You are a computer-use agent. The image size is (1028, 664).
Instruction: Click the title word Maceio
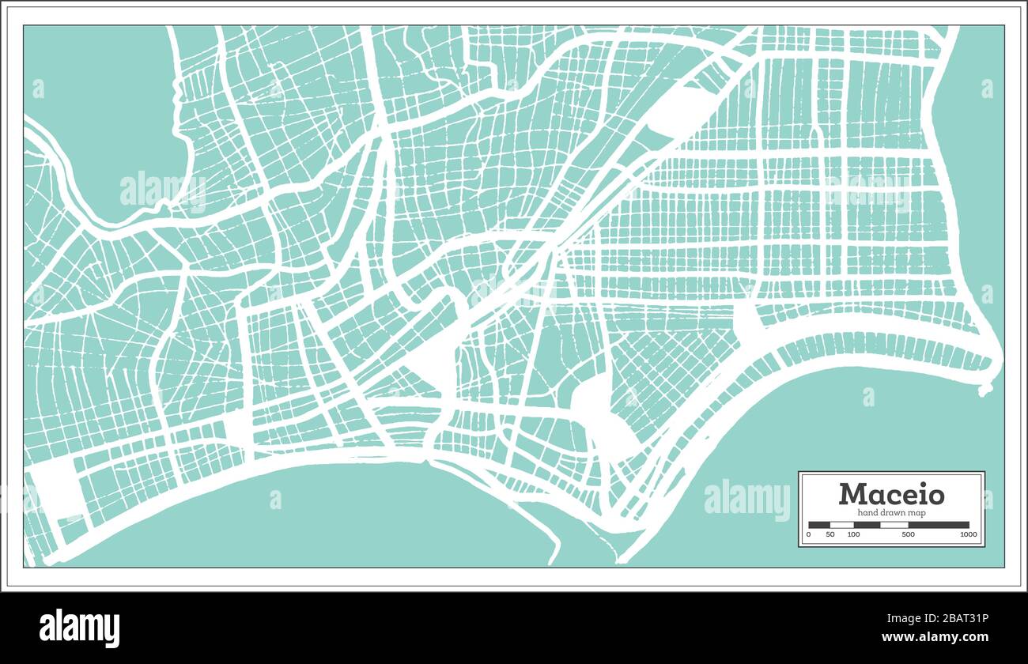891,494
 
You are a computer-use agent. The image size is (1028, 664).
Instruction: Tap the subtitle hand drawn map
891,513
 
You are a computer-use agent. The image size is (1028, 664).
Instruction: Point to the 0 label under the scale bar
808,535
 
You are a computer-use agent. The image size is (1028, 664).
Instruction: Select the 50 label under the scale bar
830,535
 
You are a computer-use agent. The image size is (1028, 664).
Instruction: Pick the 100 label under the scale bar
853,535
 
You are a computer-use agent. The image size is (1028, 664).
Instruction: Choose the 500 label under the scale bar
908,535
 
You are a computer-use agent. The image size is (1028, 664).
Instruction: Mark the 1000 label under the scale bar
969,535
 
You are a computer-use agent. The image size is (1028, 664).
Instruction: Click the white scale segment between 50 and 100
842,524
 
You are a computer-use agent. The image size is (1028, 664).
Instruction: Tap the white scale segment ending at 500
894,524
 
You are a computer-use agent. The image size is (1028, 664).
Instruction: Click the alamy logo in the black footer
79,628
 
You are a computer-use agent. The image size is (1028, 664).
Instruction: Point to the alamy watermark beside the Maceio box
746,500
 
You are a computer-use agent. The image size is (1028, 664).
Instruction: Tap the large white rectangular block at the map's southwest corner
57,488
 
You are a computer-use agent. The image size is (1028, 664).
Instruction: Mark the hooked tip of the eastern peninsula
985,389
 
